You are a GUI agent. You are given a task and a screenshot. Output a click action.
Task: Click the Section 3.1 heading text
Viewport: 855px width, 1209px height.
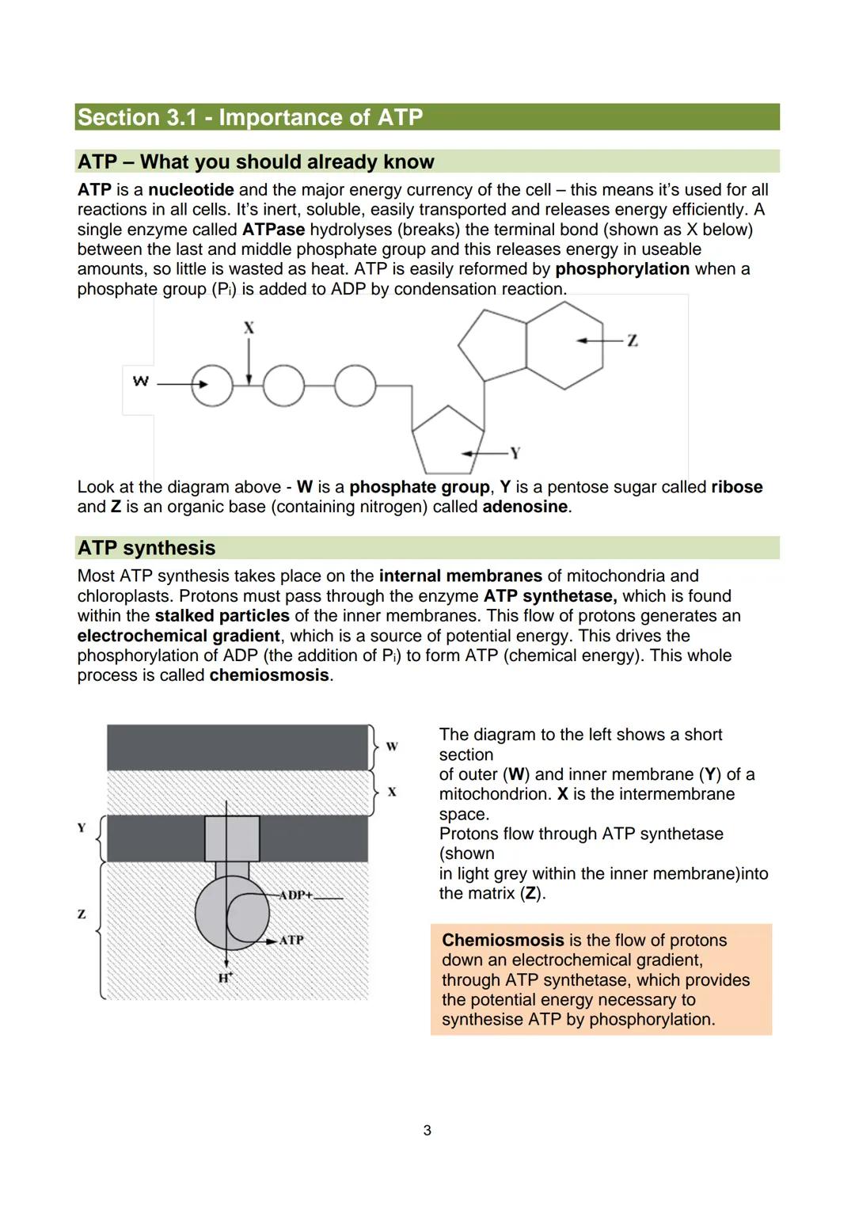tap(250, 117)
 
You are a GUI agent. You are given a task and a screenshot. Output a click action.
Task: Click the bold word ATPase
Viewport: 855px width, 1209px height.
tap(273, 230)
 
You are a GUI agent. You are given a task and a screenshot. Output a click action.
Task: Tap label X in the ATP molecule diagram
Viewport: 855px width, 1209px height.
tap(249, 327)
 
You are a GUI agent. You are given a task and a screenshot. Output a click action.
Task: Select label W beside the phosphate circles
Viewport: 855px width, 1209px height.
tap(140, 382)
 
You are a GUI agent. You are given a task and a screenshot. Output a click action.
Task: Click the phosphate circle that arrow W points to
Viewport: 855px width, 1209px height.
tap(212, 386)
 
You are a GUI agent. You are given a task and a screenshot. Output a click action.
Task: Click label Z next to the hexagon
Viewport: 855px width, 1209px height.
tap(632, 340)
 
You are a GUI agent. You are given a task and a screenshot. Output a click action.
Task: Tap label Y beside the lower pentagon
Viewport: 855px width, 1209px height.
tap(515, 453)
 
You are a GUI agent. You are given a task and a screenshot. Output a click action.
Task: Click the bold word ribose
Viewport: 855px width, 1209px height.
tap(736, 487)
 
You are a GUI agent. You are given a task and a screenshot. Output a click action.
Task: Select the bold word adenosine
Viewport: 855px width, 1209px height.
tap(525, 507)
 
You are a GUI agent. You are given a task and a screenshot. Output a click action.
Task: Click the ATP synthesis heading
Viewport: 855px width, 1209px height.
tap(146, 548)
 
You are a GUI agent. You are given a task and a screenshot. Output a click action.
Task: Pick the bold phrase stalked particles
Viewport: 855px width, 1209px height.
tap(222, 616)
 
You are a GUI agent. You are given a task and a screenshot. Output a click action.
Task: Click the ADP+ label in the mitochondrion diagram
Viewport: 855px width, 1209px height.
tap(296, 895)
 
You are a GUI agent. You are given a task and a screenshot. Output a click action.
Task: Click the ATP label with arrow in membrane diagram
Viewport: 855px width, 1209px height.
tap(291, 940)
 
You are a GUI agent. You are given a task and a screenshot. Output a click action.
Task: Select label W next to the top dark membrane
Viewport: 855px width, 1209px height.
tap(391, 747)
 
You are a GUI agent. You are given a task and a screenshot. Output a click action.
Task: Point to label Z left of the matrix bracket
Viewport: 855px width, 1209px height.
tap(81, 914)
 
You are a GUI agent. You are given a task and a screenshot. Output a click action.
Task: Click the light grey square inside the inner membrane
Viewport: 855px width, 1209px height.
tap(232, 838)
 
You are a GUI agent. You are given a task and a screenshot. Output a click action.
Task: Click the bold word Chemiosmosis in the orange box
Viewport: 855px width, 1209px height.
tap(502, 941)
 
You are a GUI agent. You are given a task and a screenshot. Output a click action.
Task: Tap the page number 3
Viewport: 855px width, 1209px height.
tap(427, 1131)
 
